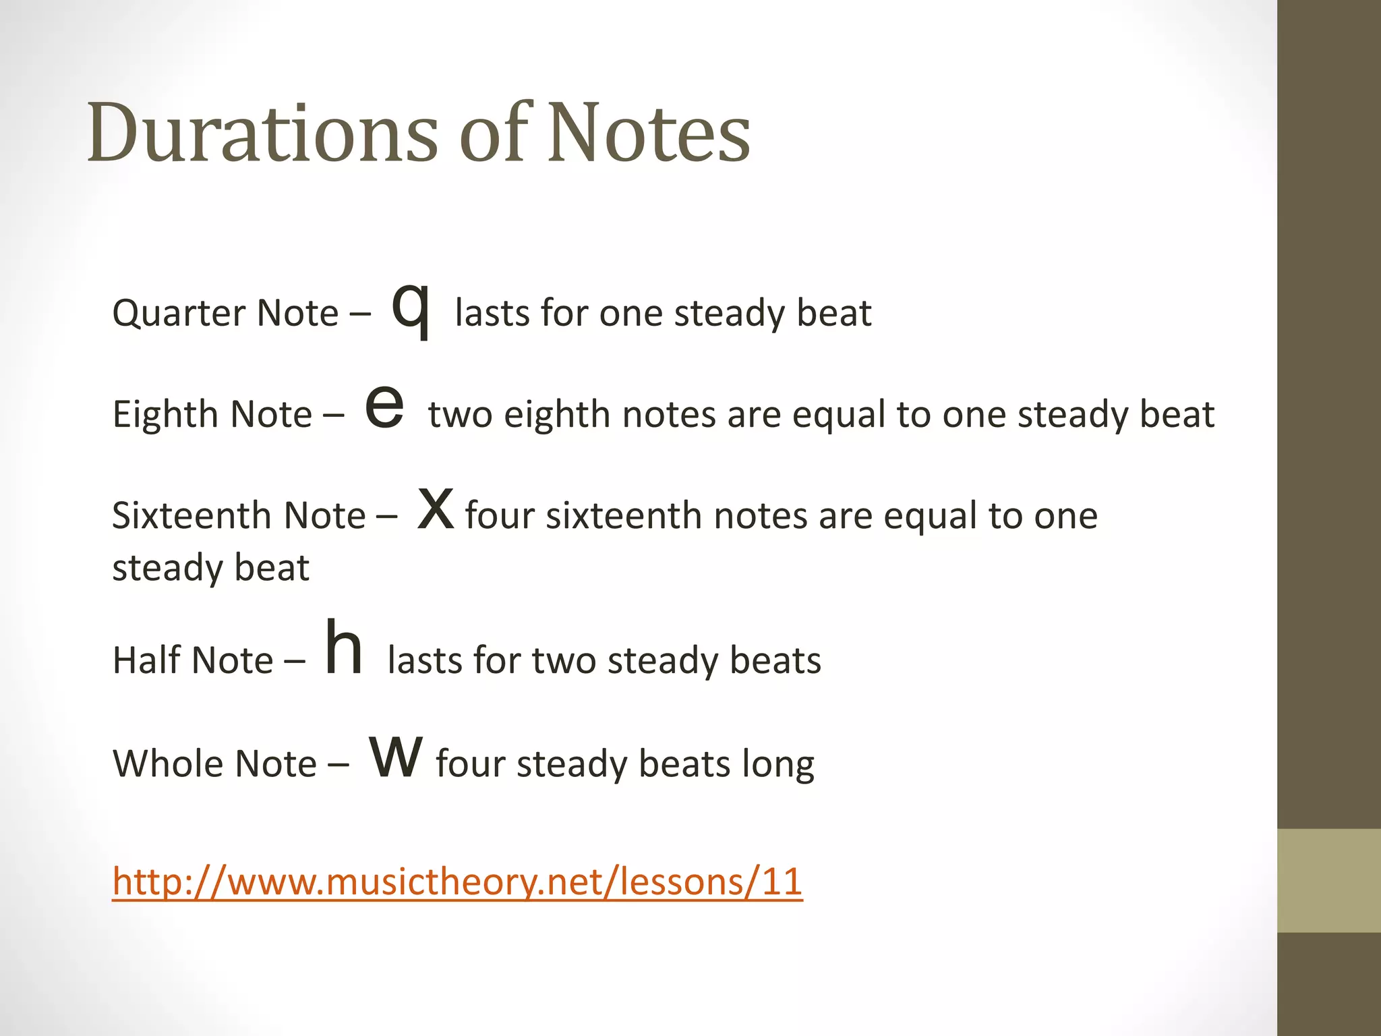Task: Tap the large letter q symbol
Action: point(410,309)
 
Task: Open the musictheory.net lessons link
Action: point(457,882)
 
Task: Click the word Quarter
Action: point(178,314)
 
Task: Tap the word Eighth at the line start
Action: point(165,414)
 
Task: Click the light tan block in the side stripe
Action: point(1328,880)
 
